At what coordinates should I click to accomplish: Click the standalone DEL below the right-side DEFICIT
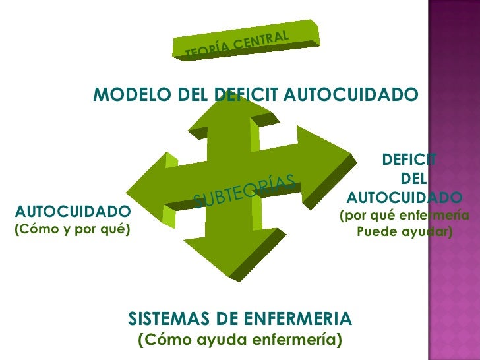413,179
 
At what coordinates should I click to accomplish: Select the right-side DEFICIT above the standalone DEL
409,160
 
